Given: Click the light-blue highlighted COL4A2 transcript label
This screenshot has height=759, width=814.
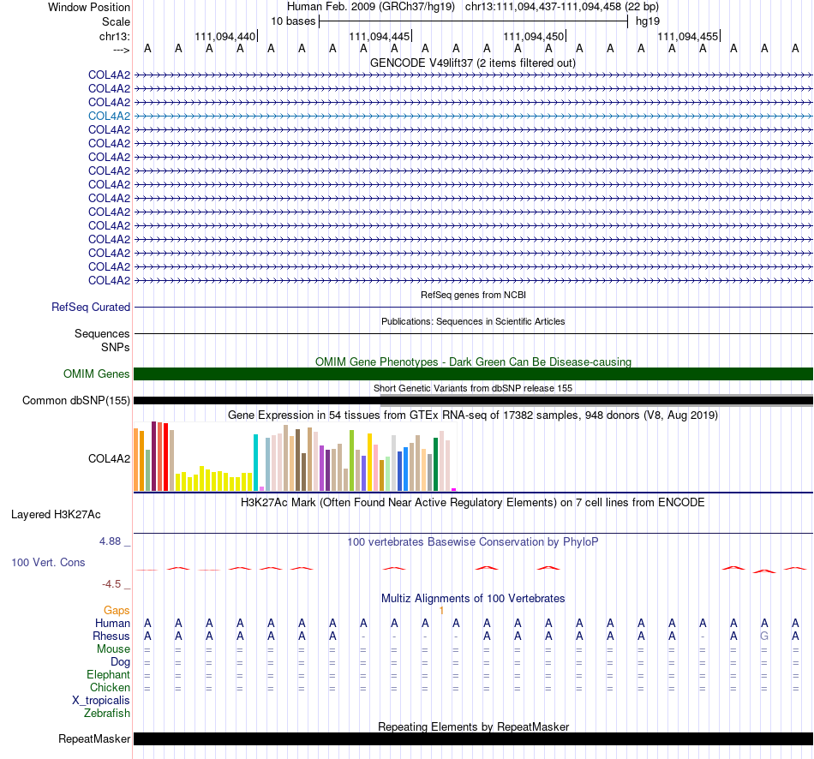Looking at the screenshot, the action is point(109,116).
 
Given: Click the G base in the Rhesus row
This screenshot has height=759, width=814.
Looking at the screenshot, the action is point(764,636).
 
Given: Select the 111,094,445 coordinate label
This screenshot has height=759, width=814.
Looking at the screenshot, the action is point(380,36).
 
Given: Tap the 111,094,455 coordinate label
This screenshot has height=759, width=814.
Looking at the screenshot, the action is point(688,36).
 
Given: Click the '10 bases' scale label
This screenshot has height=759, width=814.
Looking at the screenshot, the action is point(293,21).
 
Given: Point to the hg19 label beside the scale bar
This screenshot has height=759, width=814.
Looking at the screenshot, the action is point(648,21).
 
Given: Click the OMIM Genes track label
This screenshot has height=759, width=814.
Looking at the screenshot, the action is point(97,374).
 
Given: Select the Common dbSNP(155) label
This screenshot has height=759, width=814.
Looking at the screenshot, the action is point(76,400).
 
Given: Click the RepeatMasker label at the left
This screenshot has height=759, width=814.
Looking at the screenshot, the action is point(94,738).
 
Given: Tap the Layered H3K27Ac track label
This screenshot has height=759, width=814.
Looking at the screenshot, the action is point(56,515).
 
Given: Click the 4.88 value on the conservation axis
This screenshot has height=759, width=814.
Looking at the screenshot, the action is point(110,541).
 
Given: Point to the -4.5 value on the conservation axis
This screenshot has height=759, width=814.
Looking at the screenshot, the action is point(111,584).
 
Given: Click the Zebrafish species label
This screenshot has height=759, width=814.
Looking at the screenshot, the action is point(107,713).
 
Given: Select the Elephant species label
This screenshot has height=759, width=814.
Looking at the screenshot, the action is point(109,674).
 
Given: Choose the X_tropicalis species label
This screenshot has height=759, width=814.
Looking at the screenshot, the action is point(101,701).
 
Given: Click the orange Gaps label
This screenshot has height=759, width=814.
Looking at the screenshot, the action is point(117,610).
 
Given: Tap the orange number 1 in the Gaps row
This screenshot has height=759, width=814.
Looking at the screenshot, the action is point(441,611).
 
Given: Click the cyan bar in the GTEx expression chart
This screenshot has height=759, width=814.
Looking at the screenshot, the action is point(255,463).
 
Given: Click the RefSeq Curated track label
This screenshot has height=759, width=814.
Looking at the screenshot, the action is point(91,307).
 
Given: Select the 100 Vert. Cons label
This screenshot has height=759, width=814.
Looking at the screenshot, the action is point(48,562).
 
